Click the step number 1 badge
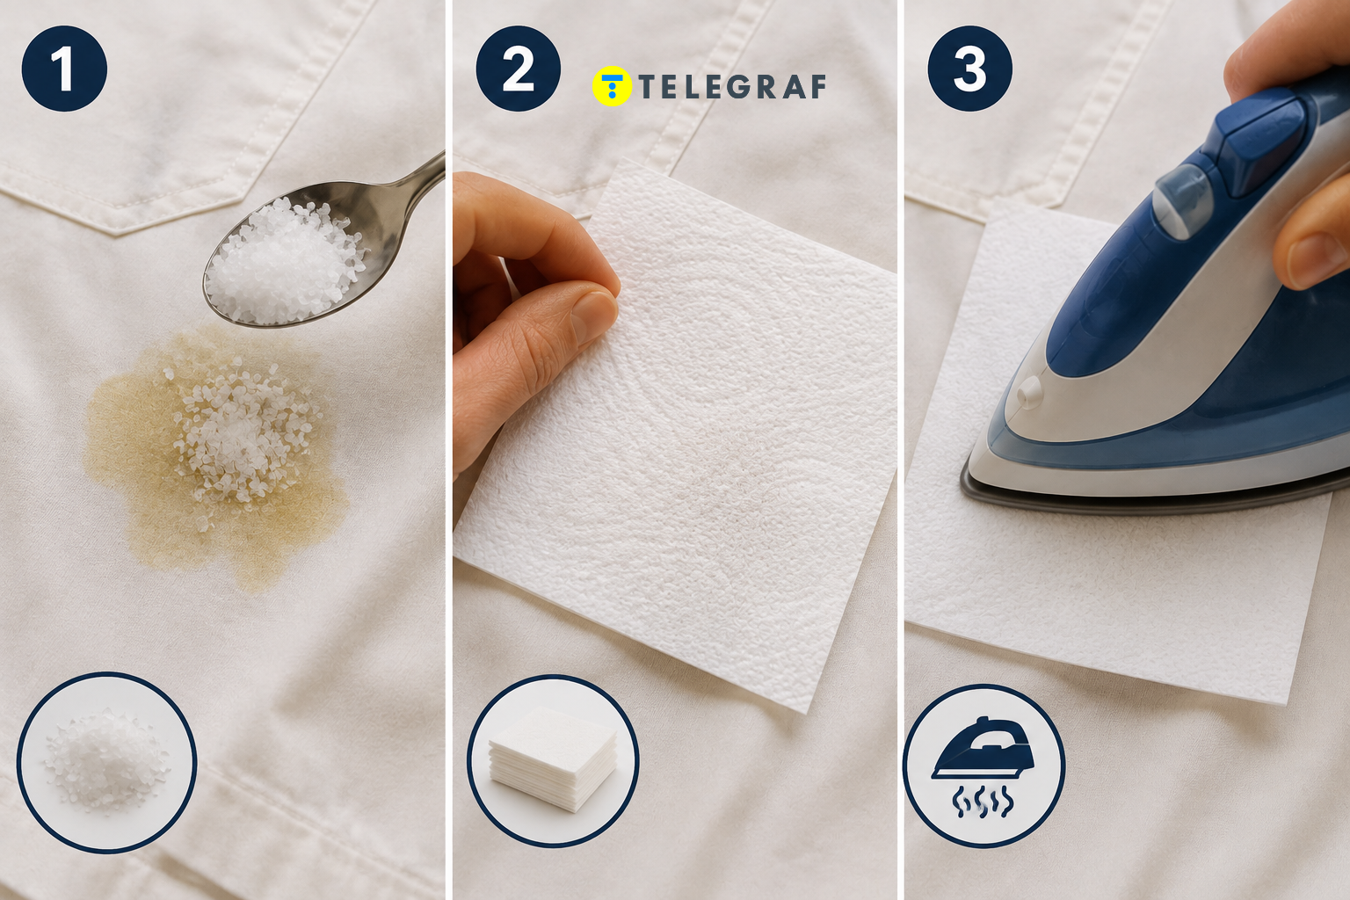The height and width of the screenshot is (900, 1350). click(x=64, y=69)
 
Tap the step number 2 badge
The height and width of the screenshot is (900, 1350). click(x=519, y=69)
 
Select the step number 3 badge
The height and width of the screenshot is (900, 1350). click(x=969, y=69)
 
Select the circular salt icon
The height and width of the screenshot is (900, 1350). click(x=107, y=762)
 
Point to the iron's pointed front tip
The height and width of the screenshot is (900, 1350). click(x=964, y=483)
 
